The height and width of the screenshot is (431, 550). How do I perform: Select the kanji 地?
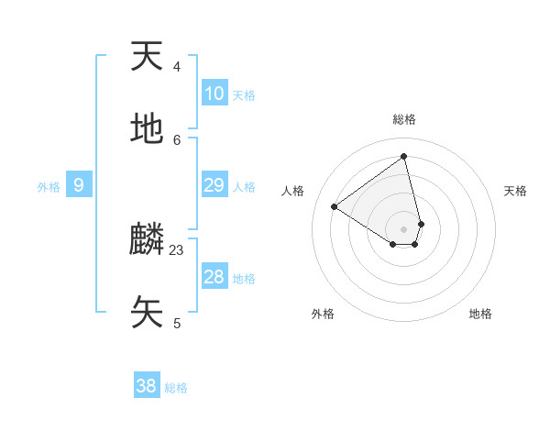tap(147, 129)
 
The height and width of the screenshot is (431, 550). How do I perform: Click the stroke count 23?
tap(177, 249)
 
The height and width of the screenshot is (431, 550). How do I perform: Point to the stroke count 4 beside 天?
tap(177, 66)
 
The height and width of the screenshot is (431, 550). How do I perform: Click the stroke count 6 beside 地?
tap(177, 139)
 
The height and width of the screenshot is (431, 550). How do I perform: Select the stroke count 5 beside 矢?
tap(177, 323)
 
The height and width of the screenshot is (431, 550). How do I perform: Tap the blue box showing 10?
tap(214, 93)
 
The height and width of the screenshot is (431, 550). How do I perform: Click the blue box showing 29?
tap(214, 185)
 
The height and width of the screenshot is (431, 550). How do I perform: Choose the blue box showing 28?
tap(214, 277)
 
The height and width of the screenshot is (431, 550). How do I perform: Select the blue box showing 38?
tap(147, 386)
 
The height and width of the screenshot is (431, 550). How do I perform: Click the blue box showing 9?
tap(79, 185)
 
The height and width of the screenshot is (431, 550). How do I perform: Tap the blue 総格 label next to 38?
tap(176, 388)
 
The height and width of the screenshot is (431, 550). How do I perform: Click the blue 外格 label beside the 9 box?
tap(49, 187)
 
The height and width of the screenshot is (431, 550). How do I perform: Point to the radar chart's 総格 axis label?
tap(404, 119)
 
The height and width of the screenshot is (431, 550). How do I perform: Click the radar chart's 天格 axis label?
tap(515, 191)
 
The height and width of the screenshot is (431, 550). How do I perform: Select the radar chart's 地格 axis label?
tap(480, 314)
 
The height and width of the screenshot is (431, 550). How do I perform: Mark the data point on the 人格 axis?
tap(335, 206)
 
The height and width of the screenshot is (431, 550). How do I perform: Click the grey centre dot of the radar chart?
tap(404, 228)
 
